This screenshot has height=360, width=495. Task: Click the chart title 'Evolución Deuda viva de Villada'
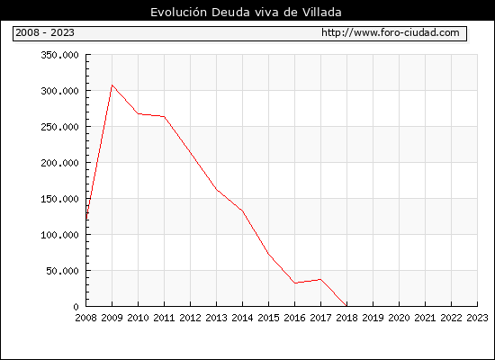click(246, 13)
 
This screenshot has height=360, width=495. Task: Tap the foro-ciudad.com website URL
click(391, 32)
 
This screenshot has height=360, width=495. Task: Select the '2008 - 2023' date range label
click(45, 32)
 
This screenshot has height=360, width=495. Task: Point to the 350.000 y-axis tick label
click(59, 55)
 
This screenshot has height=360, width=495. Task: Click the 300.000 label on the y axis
click(59, 91)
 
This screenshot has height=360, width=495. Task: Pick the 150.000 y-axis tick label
click(59, 199)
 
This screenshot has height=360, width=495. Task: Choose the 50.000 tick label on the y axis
click(62, 271)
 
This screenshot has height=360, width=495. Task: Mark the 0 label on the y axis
click(76, 307)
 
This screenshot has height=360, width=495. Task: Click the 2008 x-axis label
click(85, 318)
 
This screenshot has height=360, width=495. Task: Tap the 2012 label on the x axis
click(191, 318)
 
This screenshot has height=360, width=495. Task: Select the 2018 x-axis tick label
click(346, 318)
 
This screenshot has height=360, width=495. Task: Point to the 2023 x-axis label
click(477, 318)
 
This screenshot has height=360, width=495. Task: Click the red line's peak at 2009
click(112, 85)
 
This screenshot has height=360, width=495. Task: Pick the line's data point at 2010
click(139, 113)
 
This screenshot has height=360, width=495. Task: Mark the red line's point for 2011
click(164, 116)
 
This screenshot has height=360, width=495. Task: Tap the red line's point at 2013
click(217, 189)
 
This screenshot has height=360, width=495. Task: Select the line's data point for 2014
click(242, 211)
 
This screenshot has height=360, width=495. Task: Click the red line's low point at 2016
click(295, 283)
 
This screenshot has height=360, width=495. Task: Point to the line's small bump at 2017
click(320, 279)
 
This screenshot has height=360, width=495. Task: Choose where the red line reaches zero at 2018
click(346, 306)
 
